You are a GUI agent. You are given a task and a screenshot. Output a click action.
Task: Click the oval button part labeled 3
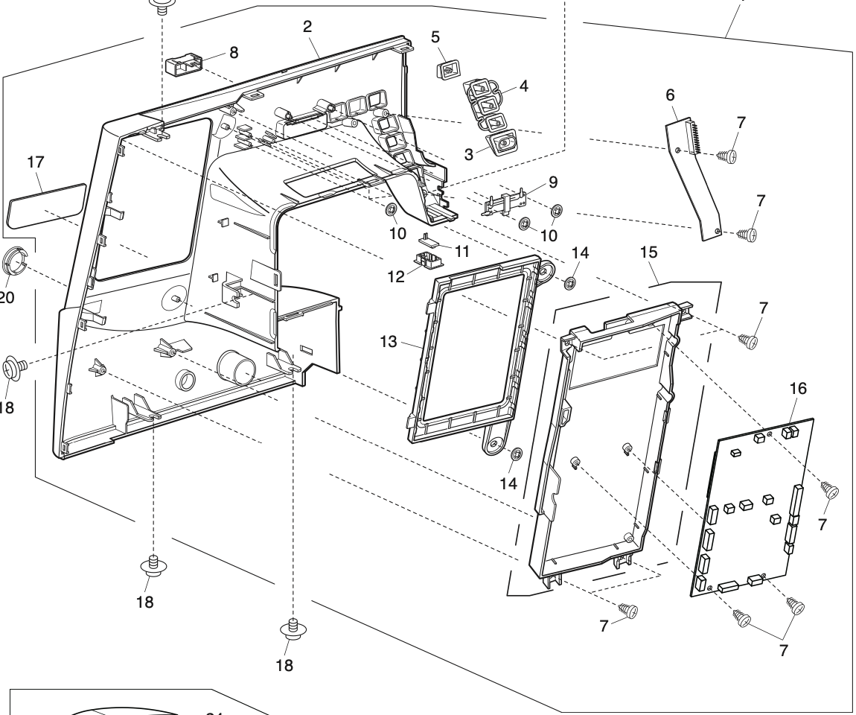click(502, 142)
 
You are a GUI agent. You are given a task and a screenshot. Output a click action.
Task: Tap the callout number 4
click(523, 85)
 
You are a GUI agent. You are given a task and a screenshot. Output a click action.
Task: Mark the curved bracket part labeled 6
click(691, 179)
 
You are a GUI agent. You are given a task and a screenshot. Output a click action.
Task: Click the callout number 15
click(648, 253)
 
